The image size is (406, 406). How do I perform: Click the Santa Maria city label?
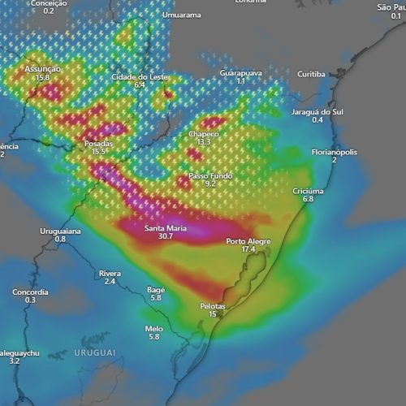coord(166,228)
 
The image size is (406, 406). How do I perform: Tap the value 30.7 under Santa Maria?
coord(166,236)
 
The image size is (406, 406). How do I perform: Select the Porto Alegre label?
coord(248,241)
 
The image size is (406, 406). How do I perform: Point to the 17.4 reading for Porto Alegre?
coord(248,249)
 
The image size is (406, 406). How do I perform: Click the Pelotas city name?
coord(213,305)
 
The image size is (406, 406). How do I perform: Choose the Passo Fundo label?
coord(210,175)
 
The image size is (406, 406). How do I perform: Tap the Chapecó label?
coord(203,133)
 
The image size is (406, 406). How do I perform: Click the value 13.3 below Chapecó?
coord(203,141)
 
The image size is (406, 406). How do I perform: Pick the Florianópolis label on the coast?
coord(335,152)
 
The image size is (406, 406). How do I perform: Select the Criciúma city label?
coord(308,191)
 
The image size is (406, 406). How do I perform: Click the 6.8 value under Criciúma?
coord(308,199)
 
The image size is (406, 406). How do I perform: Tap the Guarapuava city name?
coord(240,73)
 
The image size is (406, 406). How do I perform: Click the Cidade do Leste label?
coord(140,76)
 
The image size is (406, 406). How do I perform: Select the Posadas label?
coord(99,144)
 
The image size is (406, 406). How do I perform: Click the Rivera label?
coord(110,274)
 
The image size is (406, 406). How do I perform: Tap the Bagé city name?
coord(156,290)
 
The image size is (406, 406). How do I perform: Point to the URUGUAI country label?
coord(94,352)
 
